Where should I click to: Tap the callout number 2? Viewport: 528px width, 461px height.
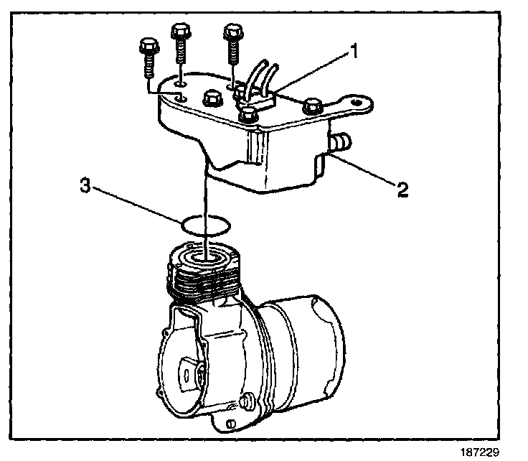(x=404, y=190)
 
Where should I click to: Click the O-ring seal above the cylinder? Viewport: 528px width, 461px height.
(x=205, y=225)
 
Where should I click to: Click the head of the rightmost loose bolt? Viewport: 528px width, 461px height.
(x=232, y=32)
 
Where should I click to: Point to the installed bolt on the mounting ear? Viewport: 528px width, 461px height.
(x=311, y=106)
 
